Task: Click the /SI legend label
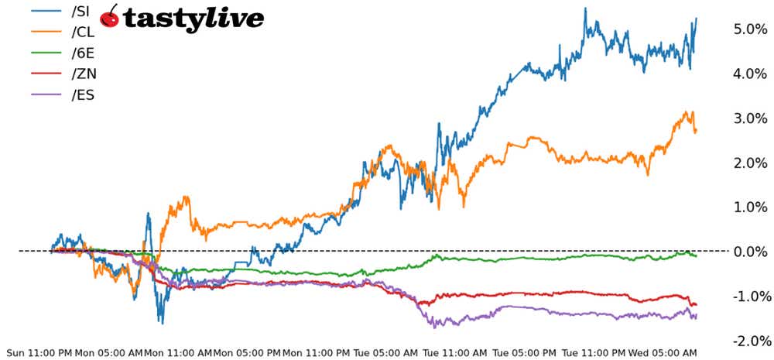tap(81, 12)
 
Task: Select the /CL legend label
tap(83, 33)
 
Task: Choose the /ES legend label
tap(82, 95)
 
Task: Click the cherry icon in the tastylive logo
tap(110, 17)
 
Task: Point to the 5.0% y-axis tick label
tap(748, 29)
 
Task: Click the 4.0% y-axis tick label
tap(748, 74)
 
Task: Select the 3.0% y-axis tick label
tap(748, 118)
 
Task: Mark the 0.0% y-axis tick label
tap(748, 252)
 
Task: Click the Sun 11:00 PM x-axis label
tap(39, 352)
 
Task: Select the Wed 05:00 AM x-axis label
tap(663, 352)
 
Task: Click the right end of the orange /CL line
tap(696, 131)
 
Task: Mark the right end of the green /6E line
tap(696, 255)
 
